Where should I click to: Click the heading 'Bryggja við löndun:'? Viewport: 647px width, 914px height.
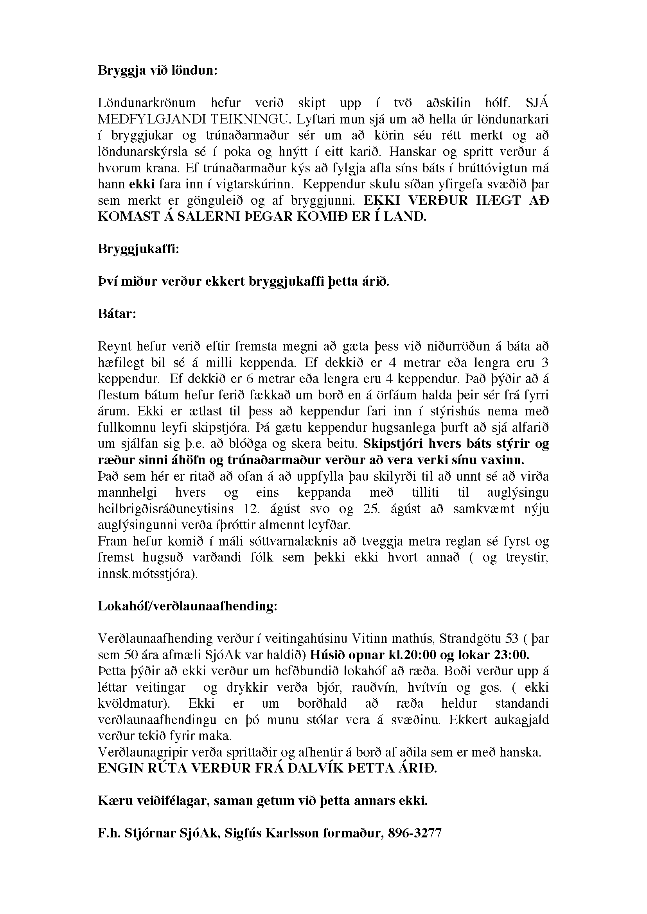coord(158,70)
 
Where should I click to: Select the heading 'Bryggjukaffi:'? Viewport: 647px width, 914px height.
coord(138,249)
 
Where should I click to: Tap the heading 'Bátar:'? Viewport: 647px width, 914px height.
coord(117,314)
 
